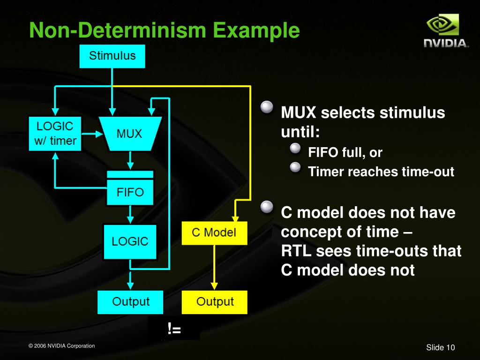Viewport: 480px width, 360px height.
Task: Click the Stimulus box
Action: point(112,56)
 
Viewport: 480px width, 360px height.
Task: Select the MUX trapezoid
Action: point(130,134)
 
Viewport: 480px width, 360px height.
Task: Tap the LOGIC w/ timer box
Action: point(55,134)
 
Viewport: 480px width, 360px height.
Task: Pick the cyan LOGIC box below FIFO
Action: point(130,242)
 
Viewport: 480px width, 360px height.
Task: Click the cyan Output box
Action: point(130,302)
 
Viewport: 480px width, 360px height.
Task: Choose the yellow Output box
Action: point(214,302)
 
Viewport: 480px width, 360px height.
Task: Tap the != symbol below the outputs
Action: point(174,330)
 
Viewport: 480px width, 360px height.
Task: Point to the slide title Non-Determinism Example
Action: point(164,30)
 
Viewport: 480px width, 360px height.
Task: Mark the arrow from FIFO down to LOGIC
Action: point(130,215)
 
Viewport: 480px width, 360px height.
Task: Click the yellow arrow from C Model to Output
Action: point(214,267)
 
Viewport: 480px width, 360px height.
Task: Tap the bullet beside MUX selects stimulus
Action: point(267,108)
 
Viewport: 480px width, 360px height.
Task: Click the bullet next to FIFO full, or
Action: point(294,149)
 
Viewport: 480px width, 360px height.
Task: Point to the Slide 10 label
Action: point(440,347)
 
